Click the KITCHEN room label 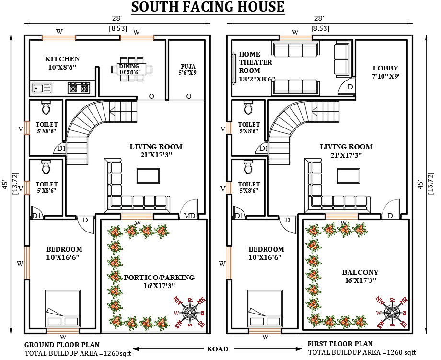pos(62,59)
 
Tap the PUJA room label pos(188,66)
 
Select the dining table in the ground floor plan pos(132,69)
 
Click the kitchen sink pos(42,88)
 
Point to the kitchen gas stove pos(79,88)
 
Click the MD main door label pos(189,216)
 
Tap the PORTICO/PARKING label pos(159,278)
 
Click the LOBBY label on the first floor pos(385,68)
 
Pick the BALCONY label pos(360,272)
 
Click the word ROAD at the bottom pos(218,349)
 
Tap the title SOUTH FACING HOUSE pos(208,7)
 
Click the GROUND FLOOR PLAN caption pos(62,345)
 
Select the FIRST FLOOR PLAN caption pos(340,344)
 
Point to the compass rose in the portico pos(190,312)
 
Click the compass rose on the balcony pos(391,312)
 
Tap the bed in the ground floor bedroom pos(63,309)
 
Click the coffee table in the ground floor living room pos(148,176)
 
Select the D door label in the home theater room pos(350,87)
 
